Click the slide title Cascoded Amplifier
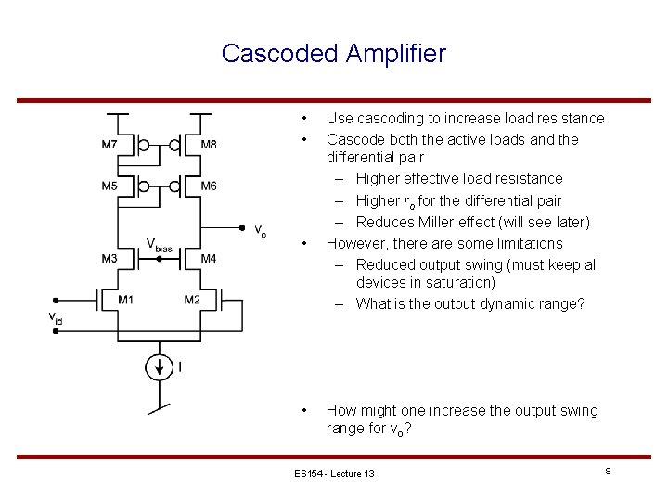coord(333,54)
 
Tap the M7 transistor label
coord(109,144)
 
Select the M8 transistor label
coord(209,144)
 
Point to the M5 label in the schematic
coord(109,186)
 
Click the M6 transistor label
coord(209,186)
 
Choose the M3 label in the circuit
coord(109,257)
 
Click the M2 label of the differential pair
coord(191,299)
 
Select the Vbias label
coord(159,245)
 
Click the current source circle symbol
coord(159,367)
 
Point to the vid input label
coord(57,317)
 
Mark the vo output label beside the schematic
coord(261,232)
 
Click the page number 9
coord(607,472)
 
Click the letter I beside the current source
coord(180,367)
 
